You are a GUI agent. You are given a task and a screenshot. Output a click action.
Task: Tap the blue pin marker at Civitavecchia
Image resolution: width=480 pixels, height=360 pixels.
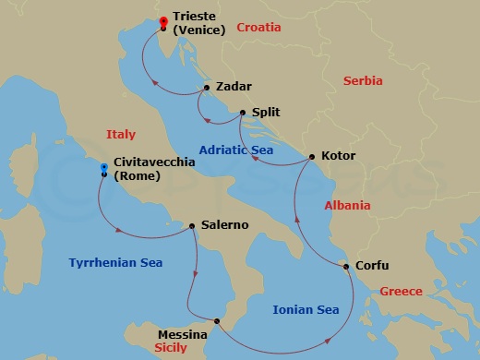click(x=104, y=169)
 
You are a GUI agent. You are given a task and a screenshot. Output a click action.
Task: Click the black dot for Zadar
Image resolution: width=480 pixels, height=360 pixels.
click(x=206, y=89)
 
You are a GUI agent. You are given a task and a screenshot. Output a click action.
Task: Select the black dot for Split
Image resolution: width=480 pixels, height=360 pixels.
click(x=242, y=113)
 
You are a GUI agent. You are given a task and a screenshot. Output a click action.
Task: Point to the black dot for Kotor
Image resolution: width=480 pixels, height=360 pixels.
click(x=311, y=156)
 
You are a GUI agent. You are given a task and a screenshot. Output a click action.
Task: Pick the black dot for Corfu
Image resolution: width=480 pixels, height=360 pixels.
click(x=346, y=268)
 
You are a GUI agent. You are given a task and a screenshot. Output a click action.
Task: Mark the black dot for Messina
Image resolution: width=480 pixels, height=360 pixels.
click(x=217, y=321)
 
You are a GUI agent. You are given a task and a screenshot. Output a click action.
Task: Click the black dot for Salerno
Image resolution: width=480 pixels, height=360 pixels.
click(x=192, y=225)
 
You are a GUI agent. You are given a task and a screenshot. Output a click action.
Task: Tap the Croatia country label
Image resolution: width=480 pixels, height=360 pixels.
click(x=258, y=28)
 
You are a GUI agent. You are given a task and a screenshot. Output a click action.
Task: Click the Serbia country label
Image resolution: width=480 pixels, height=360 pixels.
click(x=362, y=81)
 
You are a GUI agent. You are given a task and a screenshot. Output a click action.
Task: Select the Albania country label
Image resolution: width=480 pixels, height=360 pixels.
click(x=348, y=205)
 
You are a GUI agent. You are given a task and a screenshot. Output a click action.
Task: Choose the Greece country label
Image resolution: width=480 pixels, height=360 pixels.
click(x=402, y=292)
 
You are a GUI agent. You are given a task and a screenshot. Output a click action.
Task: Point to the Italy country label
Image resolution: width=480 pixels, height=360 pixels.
click(x=121, y=134)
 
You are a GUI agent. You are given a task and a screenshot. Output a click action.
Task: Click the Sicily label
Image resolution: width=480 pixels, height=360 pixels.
click(x=172, y=348)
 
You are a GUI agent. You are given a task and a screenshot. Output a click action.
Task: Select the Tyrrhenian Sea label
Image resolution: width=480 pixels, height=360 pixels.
click(x=115, y=263)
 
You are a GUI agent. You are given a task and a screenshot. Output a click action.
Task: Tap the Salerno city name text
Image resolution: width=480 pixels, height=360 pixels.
click(x=223, y=225)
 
